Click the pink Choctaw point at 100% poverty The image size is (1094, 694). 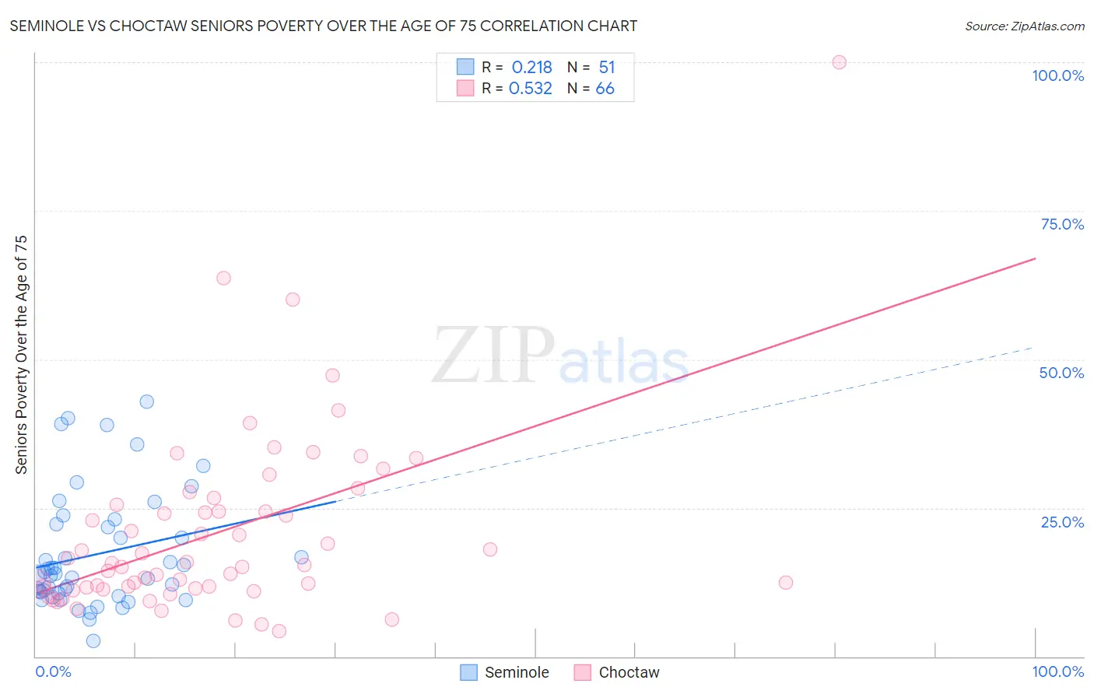point(839,62)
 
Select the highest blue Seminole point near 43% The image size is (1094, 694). point(146,401)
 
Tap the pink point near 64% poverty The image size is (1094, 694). point(223,278)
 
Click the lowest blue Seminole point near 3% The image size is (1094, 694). point(93,640)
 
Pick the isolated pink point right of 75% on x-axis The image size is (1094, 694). point(785,583)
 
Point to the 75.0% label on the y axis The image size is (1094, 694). point(1061,224)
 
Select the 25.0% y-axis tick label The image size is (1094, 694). point(1061,522)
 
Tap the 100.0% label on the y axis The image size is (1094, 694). point(1057,75)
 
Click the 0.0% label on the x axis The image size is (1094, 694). point(53,671)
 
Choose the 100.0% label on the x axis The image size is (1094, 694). point(1057,671)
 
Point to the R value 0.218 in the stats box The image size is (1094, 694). point(531,67)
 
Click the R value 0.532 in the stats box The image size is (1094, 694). point(530,89)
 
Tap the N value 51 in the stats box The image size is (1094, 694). point(606,67)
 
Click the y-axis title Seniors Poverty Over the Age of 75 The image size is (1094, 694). point(21,355)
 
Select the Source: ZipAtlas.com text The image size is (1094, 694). point(1024,26)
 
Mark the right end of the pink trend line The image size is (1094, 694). point(1035,258)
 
